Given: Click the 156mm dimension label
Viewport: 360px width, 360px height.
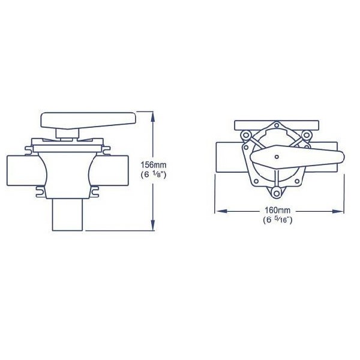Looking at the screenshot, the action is tap(154, 164).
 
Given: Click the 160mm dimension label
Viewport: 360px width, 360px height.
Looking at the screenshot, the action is tap(278, 210).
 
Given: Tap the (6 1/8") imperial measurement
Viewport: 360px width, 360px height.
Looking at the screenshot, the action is tap(153, 175).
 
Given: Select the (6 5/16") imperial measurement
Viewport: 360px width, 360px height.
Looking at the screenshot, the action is tap(278, 220).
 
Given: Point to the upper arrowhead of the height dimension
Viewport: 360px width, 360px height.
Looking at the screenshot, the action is tap(152, 117).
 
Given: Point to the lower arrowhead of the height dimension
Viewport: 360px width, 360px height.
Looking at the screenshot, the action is tap(152, 225).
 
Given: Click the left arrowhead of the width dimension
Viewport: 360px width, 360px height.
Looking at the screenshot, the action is tap(221, 211).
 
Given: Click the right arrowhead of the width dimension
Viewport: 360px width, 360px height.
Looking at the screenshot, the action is tap(338, 211).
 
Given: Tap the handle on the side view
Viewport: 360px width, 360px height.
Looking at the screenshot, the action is tap(88, 121).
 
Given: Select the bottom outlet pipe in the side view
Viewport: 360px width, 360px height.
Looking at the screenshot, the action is tap(67, 214).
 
